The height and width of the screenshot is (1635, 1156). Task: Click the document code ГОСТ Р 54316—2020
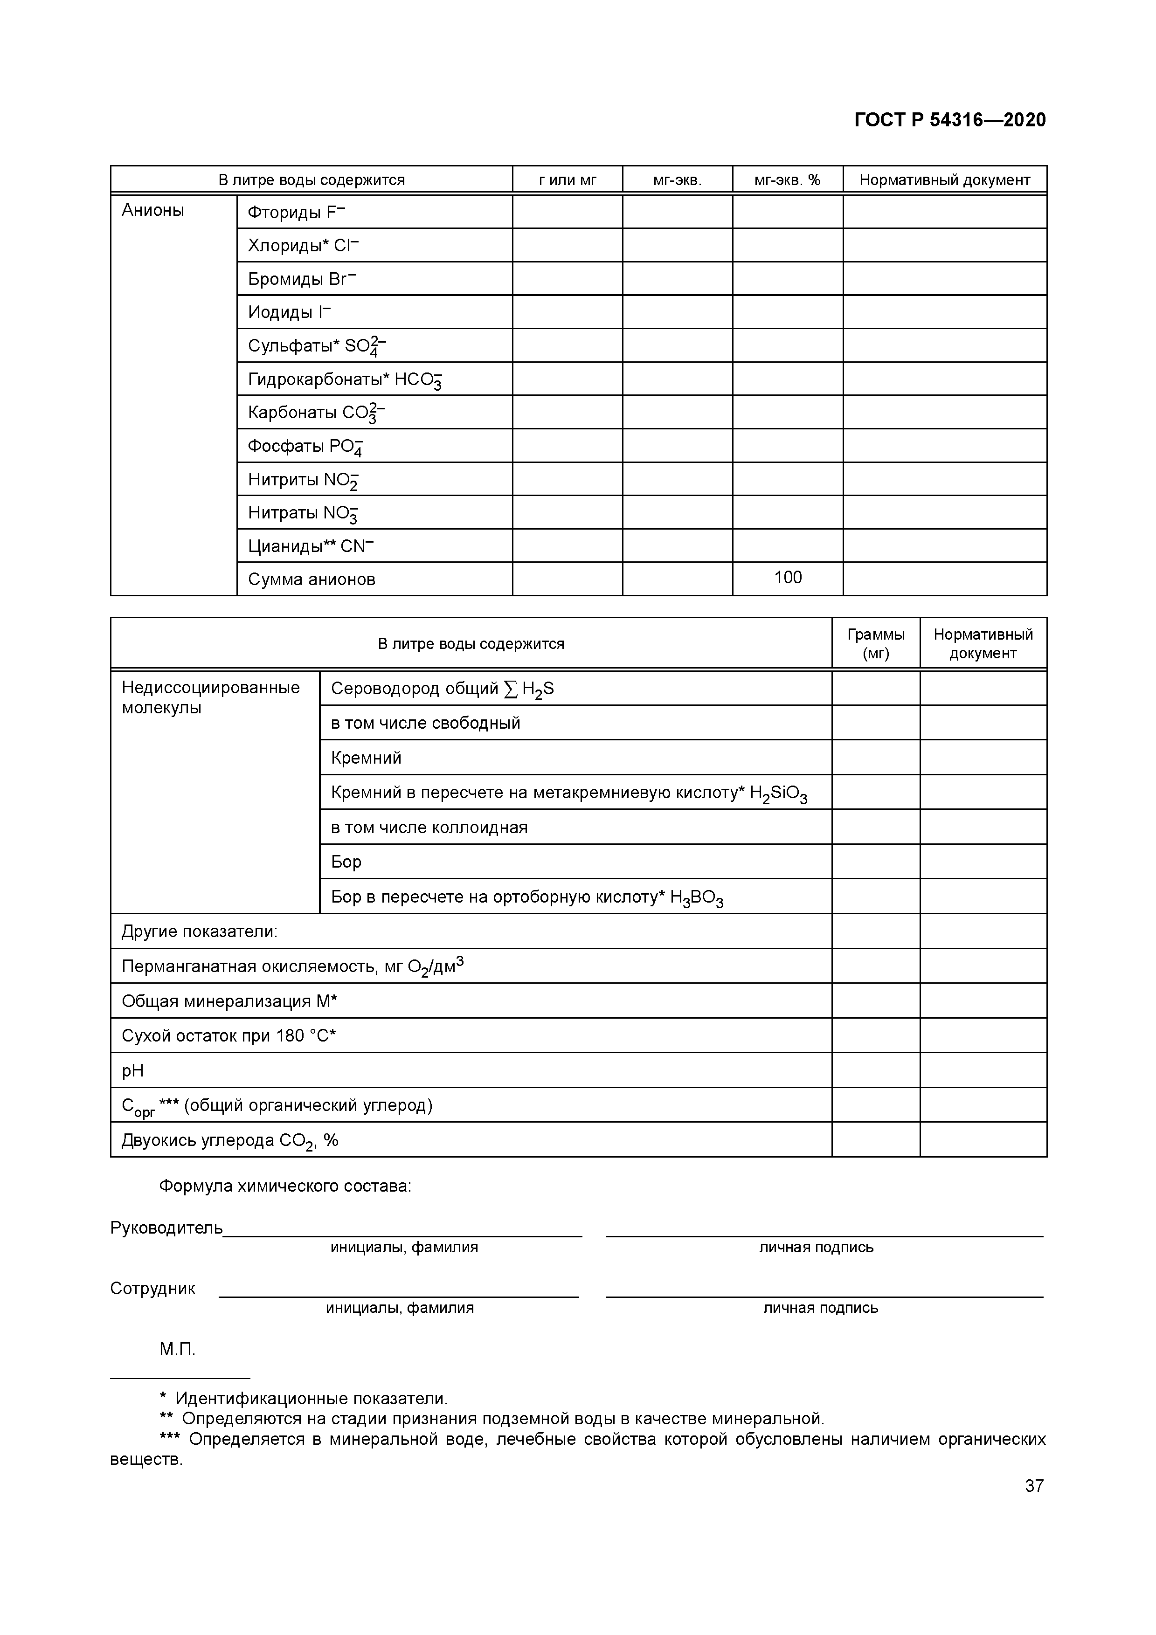point(949,120)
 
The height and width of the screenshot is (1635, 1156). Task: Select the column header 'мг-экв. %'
point(787,180)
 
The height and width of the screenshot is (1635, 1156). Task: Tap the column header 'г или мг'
point(567,180)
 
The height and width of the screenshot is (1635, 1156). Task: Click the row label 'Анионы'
point(153,210)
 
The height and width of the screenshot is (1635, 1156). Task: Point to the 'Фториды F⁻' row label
point(296,212)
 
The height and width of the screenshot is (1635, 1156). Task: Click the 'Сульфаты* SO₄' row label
point(316,346)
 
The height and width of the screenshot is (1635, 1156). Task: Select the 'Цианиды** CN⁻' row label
point(311,546)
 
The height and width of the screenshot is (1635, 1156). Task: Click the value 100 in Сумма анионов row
point(788,578)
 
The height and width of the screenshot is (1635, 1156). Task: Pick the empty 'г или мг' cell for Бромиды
point(567,278)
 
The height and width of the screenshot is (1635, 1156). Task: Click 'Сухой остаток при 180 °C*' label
point(228,1036)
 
